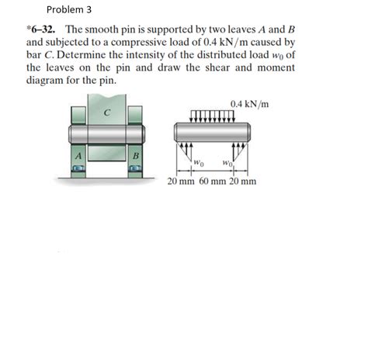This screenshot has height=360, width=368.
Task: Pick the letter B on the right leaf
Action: [x=136, y=155]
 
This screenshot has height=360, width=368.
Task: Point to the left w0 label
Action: [x=199, y=162]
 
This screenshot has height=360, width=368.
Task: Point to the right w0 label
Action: [x=226, y=162]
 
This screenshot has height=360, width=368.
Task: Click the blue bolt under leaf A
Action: [x=78, y=171]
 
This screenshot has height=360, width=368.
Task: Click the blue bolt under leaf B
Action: [x=136, y=171]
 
